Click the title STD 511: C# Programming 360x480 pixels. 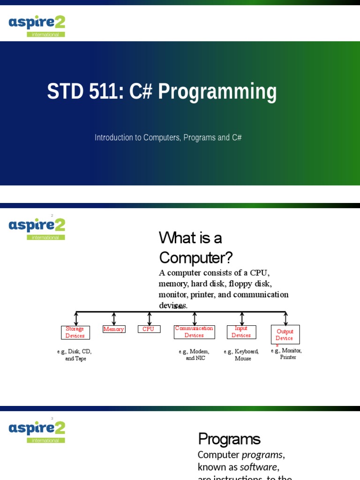point(162,92)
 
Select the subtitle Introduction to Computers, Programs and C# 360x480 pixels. point(168,137)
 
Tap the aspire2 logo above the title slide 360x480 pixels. point(37,25)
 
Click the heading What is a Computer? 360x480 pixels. point(195,247)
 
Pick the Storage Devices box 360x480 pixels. point(75,332)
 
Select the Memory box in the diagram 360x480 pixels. point(114,329)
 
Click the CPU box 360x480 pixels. point(149,329)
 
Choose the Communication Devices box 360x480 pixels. point(194,332)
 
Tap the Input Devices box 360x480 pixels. point(241,332)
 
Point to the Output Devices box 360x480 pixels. point(285,335)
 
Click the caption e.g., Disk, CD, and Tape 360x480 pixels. point(75,355)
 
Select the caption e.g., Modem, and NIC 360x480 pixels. point(195,355)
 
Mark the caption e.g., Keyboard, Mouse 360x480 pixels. point(242,355)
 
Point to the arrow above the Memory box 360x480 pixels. point(114,319)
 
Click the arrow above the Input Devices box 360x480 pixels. point(242,319)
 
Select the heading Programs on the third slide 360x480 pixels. point(229,439)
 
